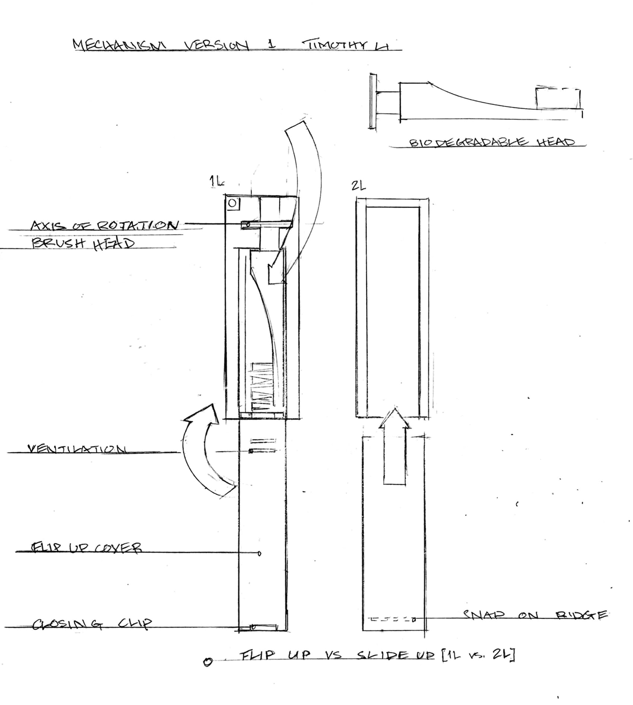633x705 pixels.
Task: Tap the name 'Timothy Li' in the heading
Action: point(346,45)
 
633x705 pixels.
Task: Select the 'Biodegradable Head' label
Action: point(492,142)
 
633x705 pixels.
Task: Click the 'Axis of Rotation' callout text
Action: point(103,225)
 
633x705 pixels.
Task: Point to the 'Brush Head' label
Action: point(83,243)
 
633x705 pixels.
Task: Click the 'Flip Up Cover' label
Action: point(86,547)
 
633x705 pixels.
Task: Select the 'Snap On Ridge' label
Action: point(534,615)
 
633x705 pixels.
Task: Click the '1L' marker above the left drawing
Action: point(216,181)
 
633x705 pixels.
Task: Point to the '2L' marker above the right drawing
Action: point(358,186)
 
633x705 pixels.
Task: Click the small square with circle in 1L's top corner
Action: point(233,203)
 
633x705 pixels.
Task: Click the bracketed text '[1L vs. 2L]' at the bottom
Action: point(478,654)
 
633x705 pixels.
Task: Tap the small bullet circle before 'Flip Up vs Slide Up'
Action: point(208,662)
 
